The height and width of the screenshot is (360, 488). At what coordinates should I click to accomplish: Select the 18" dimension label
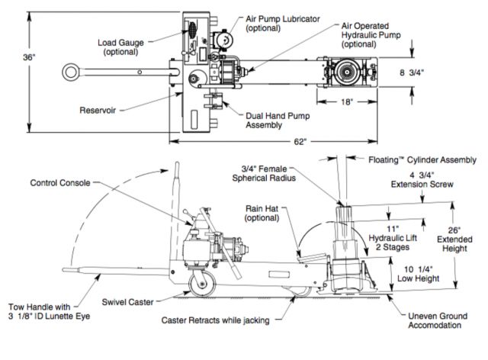348,100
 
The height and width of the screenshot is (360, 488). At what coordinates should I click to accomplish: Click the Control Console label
61,183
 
